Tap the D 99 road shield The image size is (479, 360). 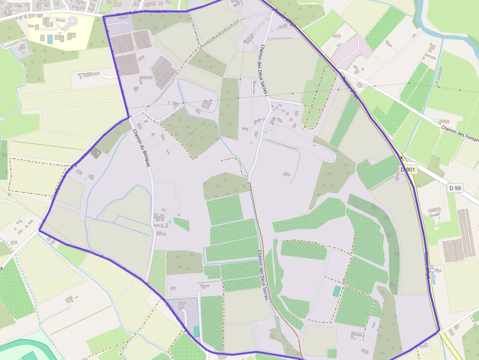pos(455,188)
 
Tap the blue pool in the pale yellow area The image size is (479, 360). pos(50,38)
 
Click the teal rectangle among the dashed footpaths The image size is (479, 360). pos(337,291)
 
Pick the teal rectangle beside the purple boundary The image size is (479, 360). pos(196,332)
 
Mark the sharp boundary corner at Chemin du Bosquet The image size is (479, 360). pos(129,117)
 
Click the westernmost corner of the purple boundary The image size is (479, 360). pos(40,230)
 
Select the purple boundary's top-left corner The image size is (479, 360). pos(104,17)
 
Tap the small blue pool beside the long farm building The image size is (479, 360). pos(372,324)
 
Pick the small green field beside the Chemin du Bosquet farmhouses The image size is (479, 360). pos(181,224)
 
